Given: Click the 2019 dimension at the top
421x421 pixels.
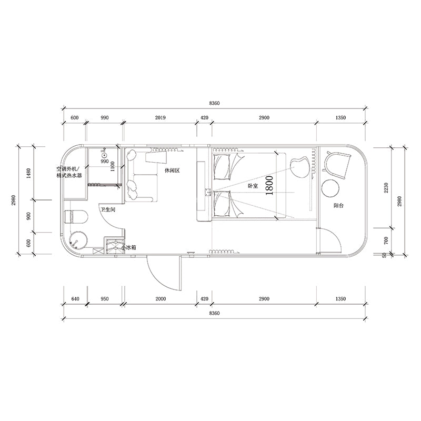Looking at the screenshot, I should (160, 118).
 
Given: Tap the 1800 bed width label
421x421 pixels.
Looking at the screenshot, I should (270, 185).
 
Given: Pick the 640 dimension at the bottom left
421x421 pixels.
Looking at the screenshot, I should (74, 299).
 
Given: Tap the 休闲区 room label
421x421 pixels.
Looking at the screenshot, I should (172, 171).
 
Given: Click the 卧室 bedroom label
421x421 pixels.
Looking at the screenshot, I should (253, 186).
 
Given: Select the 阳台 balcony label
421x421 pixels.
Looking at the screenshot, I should (339, 206).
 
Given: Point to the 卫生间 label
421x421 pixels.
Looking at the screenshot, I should (108, 209).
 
